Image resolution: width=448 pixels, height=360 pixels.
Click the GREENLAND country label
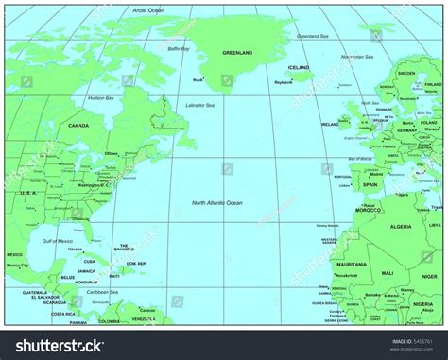[x=237, y=54]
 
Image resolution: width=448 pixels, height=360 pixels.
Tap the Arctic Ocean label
[x=148, y=10]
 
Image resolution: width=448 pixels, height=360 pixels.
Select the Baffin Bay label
[x=179, y=48]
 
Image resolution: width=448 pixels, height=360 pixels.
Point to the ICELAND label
[x=299, y=68]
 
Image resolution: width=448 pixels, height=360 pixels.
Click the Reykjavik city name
[x=283, y=82]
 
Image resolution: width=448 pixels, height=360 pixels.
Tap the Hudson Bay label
[x=101, y=98]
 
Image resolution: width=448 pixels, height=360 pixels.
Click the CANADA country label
[x=78, y=125]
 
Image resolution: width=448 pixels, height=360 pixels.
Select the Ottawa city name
[x=112, y=153]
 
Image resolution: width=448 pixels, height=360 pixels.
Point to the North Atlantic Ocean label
[x=217, y=203]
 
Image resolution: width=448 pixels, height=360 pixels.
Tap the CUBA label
[x=90, y=262]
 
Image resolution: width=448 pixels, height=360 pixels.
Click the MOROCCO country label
[x=368, y=210]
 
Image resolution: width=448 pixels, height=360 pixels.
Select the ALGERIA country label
[x=402, y=227]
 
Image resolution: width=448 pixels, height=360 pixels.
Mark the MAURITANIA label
[x=352, y=264]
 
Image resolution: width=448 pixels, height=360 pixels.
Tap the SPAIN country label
[x=370, y=184]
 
